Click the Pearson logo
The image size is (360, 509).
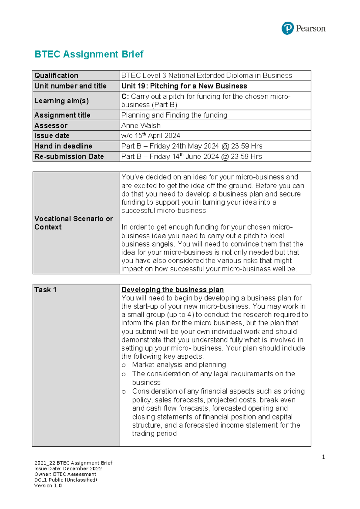(x=303, y=29)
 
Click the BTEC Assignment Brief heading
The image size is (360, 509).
(x=89, y=54)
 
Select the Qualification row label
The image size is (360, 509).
(x=56, y=76)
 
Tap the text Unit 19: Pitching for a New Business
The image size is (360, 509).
(x=184, y=86)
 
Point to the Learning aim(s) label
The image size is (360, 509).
(x=61, y=101)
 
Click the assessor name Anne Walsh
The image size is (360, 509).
(x=141, y=125)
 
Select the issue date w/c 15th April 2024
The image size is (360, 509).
(x=151, y=136)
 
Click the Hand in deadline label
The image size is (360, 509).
(x=63, y=146)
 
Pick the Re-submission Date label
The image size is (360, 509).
(x=69, y=157)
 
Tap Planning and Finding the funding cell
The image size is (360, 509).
(x=174, y=115)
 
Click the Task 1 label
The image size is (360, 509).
(x=45, y=290)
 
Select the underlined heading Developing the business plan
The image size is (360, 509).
(x=172, y=290)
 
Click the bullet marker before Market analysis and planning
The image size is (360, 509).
(x=124, y=365)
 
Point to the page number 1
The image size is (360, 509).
(x=323, y=457)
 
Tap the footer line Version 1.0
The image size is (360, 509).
(x=48, y=486)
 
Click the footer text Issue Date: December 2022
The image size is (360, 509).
(x=68, y=469)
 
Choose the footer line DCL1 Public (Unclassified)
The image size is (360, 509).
(x=66, y=480)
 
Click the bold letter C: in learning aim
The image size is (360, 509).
(x=125, y=97)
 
